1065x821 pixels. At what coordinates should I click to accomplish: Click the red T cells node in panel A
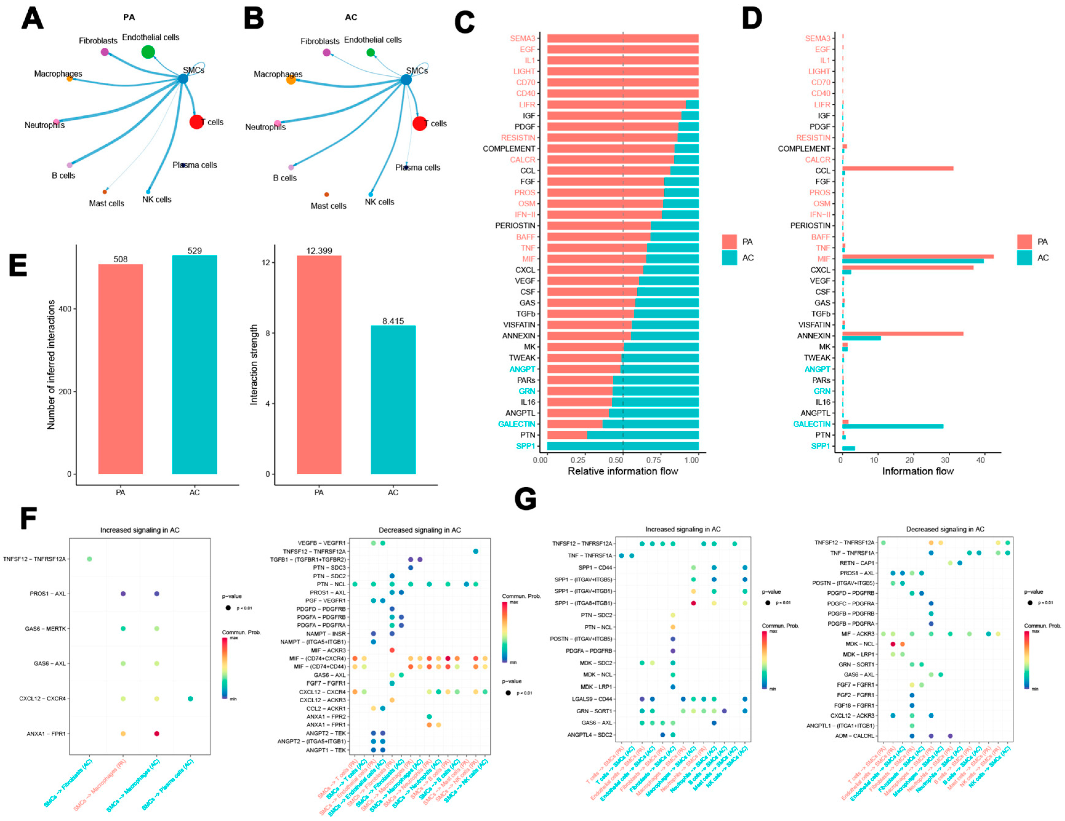pos(196,122)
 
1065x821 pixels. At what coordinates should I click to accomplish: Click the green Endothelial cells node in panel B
pos(370,53)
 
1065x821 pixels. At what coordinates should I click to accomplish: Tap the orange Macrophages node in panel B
pos(291,79)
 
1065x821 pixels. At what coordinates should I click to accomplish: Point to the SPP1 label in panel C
pos(526,446)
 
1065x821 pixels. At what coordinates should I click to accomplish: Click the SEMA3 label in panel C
pos(522,38)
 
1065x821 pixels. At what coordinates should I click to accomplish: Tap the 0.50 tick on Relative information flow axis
pos(616,460)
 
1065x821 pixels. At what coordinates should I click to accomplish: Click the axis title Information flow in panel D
pos(917,471)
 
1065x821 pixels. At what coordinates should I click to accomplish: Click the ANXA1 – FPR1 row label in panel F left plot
pos(46,734)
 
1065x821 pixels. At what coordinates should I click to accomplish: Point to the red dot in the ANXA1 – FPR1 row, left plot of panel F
pos(157,734)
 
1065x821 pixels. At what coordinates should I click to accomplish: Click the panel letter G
pos(525,499)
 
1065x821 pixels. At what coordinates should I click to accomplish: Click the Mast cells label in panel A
pos(106,203)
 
